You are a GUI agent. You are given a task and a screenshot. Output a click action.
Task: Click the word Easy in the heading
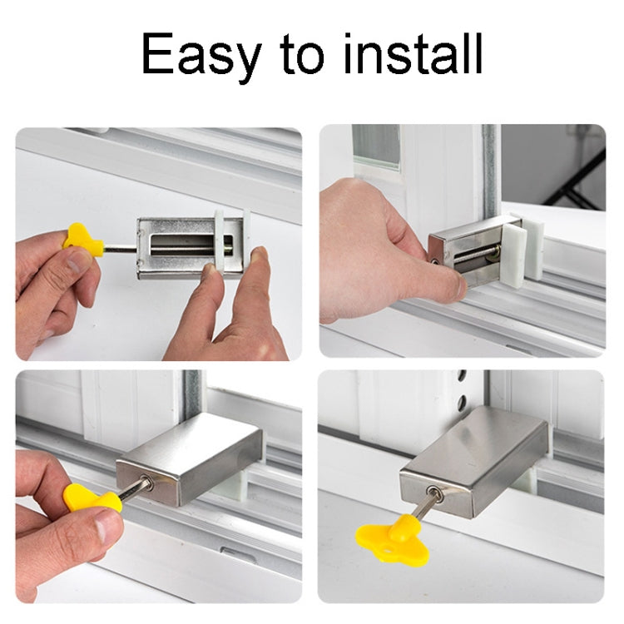point(199,55)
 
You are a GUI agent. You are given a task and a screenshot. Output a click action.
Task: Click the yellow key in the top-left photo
point(82,239)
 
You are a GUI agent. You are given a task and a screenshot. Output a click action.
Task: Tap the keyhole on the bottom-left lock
point(147,483)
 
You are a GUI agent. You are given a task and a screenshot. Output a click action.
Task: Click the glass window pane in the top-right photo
point(376,146)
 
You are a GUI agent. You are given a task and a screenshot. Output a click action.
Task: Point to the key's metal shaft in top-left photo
point(121,248)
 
